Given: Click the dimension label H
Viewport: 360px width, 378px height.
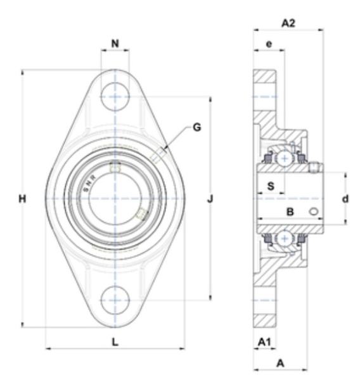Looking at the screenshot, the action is (22, 199).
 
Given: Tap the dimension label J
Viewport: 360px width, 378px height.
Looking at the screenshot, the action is (210, 199).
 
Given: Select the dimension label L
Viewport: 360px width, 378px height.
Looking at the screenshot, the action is (115, 342).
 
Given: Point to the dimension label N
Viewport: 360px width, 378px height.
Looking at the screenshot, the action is (115, 44).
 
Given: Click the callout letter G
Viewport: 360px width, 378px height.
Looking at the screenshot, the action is (197, 127).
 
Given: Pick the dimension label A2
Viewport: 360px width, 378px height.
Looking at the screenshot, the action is (288, 23).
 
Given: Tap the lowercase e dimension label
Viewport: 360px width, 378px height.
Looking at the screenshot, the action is (269, 44).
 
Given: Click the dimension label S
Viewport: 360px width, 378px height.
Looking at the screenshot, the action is (271, 186).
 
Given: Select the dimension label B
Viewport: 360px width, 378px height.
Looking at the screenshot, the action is (290, 212).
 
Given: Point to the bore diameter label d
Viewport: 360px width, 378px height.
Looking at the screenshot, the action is (345, 199).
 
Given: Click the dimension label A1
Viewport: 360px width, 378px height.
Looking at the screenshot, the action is (264, 342).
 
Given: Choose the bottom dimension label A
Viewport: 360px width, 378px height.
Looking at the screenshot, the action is (280, 363).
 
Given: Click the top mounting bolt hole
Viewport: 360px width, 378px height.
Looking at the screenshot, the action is (115, 96).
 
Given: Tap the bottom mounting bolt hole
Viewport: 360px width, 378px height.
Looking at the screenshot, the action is (115, 300).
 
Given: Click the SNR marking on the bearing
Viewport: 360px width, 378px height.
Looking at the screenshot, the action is (89, 184).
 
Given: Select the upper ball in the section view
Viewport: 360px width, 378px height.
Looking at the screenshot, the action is (285, 158).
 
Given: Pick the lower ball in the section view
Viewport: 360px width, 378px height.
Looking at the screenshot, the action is (285, 239).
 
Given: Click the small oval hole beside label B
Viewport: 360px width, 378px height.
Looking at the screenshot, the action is (314, 211).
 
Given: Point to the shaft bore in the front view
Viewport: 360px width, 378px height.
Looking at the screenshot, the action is (115, 199).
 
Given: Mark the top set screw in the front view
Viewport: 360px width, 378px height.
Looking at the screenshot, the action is (115, 167).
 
